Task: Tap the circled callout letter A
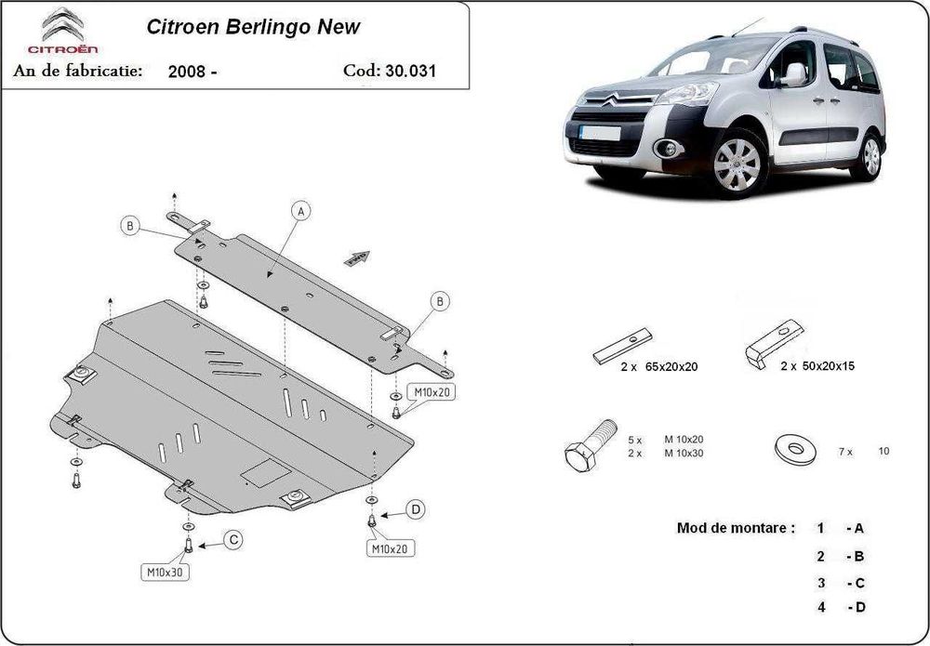pyautogui.click(x=299, y=212)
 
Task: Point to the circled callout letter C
pyautogui.click(x=232, y=540)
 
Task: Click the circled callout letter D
pyautogui.click(x=416, y=509)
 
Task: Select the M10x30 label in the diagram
pyautogui.click(x=165, y=572)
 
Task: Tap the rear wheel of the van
pyautogui.click(x=870, y=154)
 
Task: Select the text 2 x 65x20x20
pyautogui.click(x=659, y=367)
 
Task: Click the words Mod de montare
pyautogui.click(x=736, y=528)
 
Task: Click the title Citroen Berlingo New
pyautogui.click(x=254, y=27)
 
